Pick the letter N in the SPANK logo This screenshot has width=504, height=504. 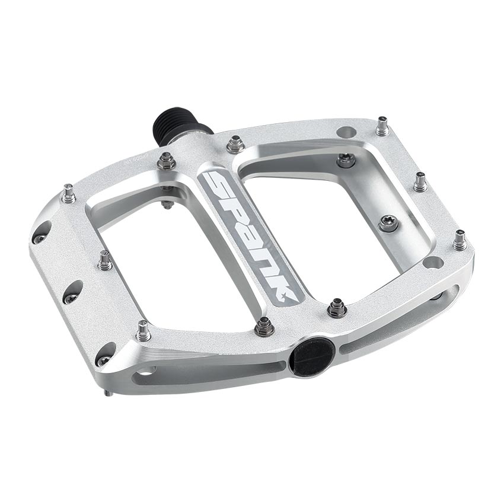point(272,267)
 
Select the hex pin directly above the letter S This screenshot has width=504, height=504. point(235,143)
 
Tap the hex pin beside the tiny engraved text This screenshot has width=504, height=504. point(166,160)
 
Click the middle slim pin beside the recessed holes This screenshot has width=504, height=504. point(105,260)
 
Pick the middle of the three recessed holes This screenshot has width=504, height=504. point(72,292)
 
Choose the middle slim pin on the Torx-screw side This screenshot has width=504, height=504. point(420,181)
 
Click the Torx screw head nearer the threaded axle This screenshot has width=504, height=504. point(346,159)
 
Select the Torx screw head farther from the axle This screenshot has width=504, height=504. point(389,223)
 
